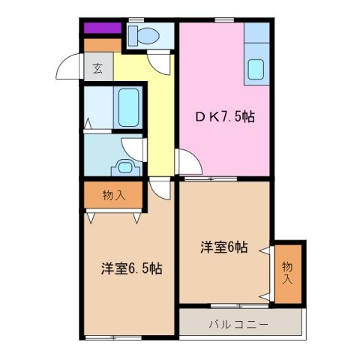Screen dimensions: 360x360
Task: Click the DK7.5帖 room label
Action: (225, 117)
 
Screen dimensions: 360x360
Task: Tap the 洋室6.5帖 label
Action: (133, 268)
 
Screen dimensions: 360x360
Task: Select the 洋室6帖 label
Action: (224, 247)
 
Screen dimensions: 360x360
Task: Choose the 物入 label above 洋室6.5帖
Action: (113, 196)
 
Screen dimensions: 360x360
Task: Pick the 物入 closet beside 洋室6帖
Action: (287, 273)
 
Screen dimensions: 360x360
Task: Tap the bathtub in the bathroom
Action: (129, 107)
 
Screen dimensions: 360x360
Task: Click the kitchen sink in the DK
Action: (256, 69)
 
